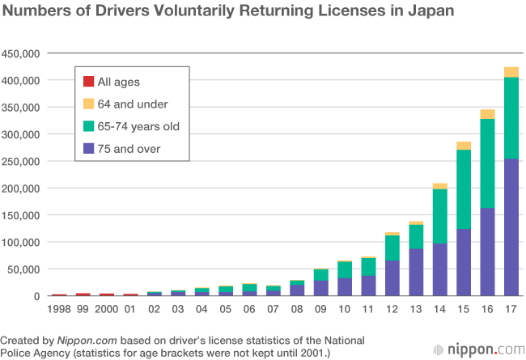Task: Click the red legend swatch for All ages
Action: [89, 81]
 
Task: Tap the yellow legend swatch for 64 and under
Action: [89, 104]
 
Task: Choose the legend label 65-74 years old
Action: [138, 126]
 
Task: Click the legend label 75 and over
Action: [129, 149]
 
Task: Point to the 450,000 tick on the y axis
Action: [22, 53]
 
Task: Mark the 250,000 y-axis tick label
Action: [22, 161]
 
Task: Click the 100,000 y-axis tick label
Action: [22, 242]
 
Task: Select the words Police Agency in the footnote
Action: [37, 354]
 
